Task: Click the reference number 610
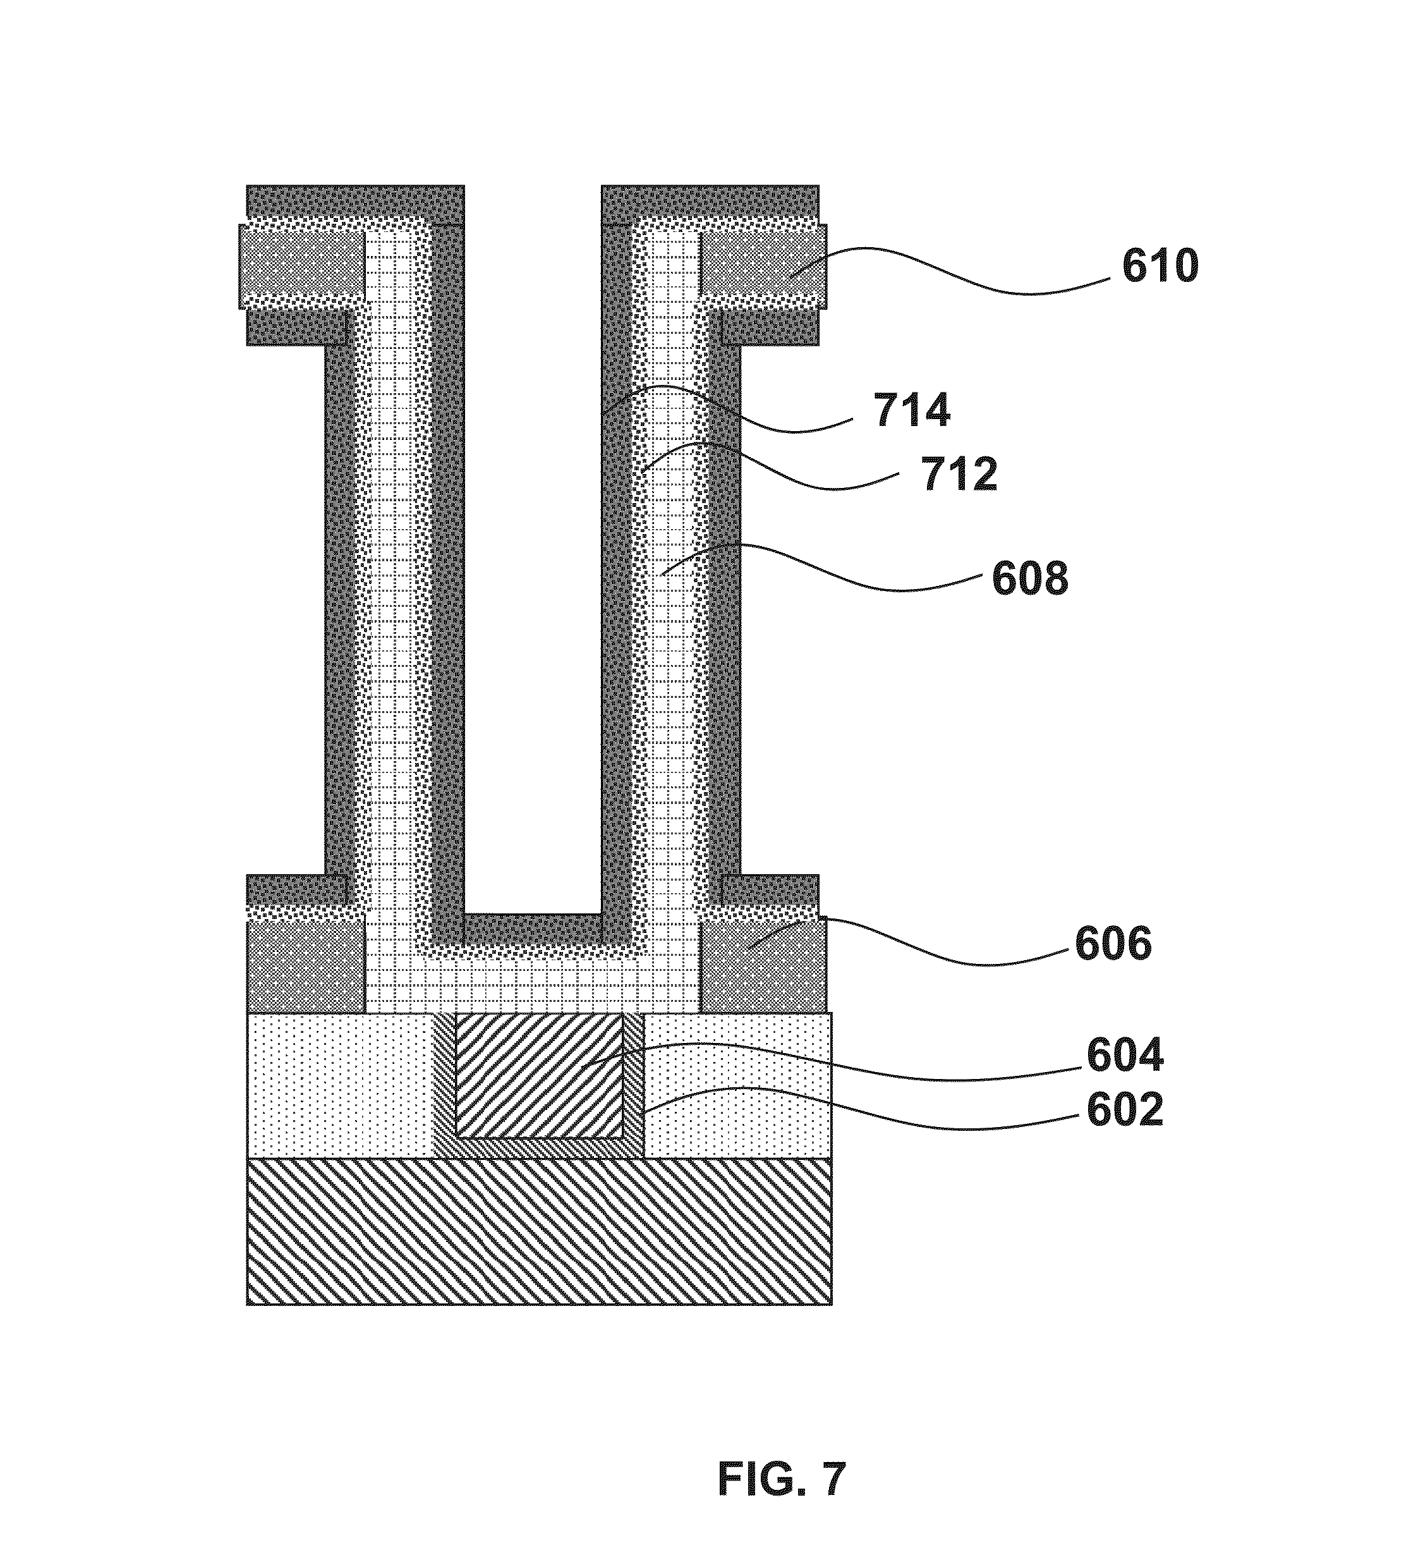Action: coord(1160,267)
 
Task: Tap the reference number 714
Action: coord(912,410)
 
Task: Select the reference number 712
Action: coord(960,473)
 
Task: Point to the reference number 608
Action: coord(1030,578)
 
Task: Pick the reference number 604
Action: coord(1124,1055)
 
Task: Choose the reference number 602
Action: coord(1124,1111)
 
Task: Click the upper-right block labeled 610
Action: coord(762,265)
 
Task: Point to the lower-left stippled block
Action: coord(305,967)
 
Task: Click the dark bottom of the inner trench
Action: coord(532,925)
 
